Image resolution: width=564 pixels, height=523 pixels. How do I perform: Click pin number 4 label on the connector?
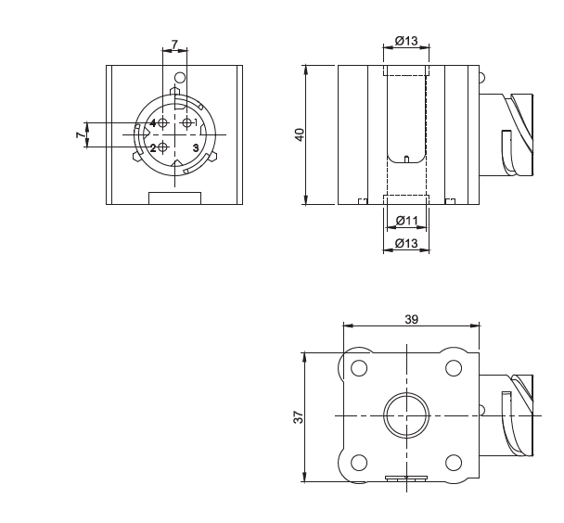[153, 123]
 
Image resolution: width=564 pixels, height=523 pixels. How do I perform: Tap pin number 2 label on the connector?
[153, 147]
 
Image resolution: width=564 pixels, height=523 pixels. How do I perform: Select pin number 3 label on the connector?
[196, 147]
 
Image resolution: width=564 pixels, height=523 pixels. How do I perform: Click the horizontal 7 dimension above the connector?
[174, 45]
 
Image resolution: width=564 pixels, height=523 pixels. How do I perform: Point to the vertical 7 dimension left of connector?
[82, 134]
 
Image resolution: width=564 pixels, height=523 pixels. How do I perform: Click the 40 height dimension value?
[300, 134]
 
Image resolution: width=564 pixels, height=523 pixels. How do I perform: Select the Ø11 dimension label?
[407, 220]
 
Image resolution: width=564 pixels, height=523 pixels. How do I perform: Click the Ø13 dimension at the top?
[406, 41]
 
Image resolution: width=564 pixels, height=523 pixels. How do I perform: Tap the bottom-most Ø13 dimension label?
[406, 243]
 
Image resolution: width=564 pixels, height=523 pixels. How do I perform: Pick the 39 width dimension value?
[412, 319]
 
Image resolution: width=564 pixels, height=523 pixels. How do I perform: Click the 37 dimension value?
[299, 417]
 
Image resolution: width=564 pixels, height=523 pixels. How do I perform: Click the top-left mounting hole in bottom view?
[359, 368]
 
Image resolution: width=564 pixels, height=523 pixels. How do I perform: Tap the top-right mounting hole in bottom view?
[454, 368]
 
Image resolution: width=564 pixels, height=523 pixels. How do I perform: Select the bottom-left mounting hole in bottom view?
[359, 463]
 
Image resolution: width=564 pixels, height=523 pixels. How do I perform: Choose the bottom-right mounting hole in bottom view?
[454, 463]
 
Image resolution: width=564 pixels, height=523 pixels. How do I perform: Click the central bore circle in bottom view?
[406, 415]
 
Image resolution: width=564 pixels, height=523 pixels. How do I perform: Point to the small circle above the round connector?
[180, 78]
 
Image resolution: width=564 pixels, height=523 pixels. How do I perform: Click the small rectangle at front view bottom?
[174, 198]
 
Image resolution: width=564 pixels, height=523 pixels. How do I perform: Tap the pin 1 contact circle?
[186, 123]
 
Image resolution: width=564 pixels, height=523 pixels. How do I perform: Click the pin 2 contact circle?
[163, 147]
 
